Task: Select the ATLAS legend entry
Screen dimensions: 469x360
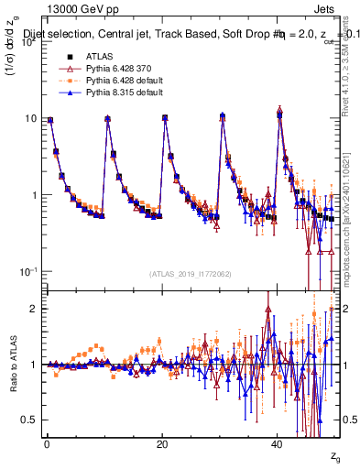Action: pos(82,56)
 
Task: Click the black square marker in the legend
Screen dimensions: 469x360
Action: pos(52,56)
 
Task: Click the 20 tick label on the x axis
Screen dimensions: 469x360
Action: pos(162,442)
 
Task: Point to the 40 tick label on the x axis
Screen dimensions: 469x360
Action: pos(277,442)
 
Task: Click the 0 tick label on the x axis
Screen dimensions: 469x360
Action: pos(47,442)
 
